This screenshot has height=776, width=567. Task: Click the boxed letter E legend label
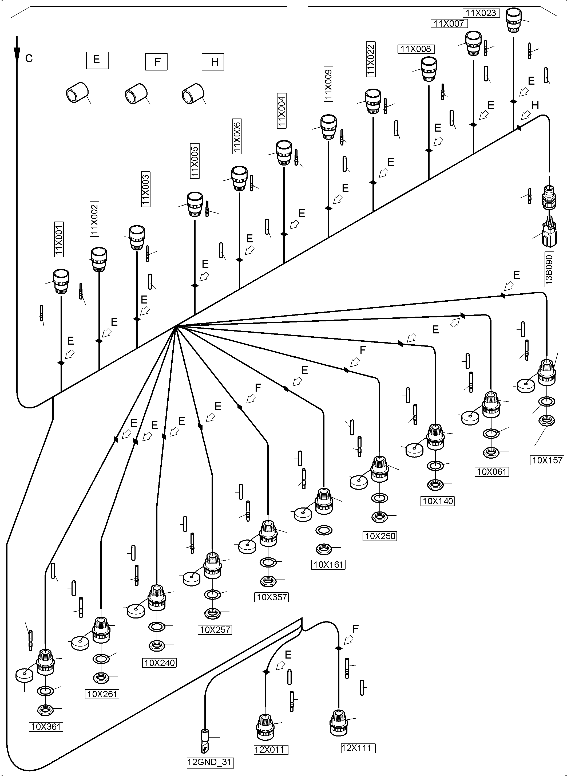pyautogui.click(x=97, y=60)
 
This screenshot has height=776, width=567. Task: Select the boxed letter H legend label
pyautogui.click(x=213, y=62)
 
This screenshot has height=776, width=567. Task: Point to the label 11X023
pyautogui.click(x=481, y=13)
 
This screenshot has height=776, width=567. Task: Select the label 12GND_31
pyautogui.click(x=209, y=762)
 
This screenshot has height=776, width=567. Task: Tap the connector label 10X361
pyautogui.click(x=46, y=727)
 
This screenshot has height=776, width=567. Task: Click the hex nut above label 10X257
pyautogui.click(x=212, y=613)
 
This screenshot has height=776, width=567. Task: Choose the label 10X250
pyautogui.click(x=380, y=536)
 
